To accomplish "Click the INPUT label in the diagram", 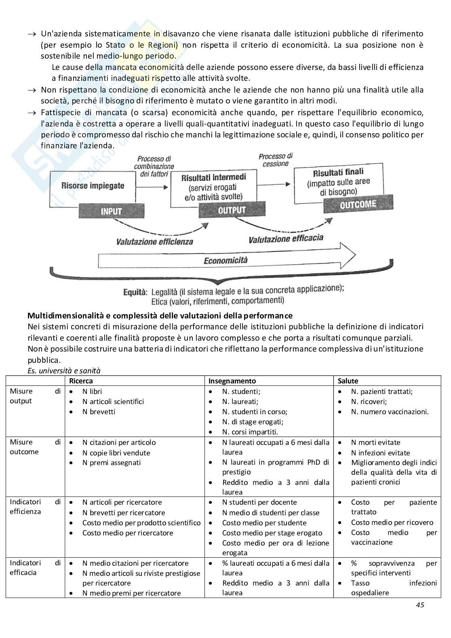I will coord(111,211).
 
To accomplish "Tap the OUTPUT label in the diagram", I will coord(232,210).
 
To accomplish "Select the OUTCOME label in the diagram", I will coord(358,204).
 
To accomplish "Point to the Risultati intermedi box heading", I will coord(213,177).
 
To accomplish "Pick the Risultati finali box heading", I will coord(338,173).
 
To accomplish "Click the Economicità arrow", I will coord(225,260).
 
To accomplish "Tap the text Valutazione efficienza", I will coord(155,242).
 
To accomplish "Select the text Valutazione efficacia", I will coord(286,239).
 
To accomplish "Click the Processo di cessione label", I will coord(276,160).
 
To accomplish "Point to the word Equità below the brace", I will coord(135,292).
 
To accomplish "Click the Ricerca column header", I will coord(81,381).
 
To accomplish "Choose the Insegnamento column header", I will coord(232,381).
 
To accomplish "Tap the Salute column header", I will coord(348,381).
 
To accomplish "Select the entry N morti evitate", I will coord(375,442).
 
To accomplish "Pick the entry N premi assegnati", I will coord(112,463).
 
